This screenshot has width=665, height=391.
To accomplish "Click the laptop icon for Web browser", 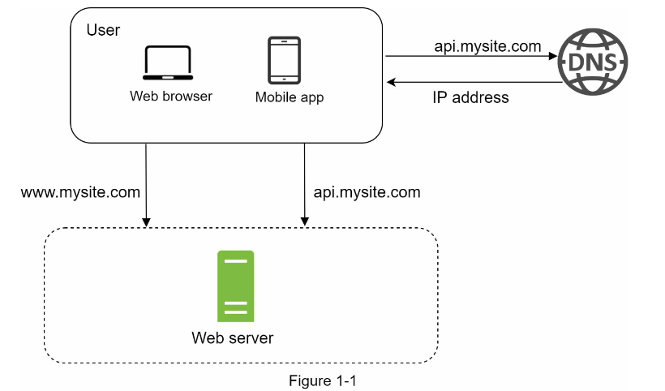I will coord(167,62).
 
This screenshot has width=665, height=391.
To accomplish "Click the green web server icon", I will coord(235,286).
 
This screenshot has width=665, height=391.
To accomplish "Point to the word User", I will coord(103,30).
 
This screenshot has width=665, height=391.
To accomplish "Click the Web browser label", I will coord(171,96).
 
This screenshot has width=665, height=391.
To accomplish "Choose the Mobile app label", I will coord(290,97).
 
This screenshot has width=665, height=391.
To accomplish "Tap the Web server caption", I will coord(232,337).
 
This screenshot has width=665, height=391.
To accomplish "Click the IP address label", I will coord(470,97).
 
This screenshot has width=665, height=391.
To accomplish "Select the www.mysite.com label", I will coord(80,193).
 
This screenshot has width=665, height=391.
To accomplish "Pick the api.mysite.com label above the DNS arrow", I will coord(487,46).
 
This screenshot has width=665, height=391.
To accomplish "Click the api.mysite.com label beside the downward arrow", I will coord(367,192).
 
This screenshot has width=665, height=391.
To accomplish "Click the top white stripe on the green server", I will coord(235,261).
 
